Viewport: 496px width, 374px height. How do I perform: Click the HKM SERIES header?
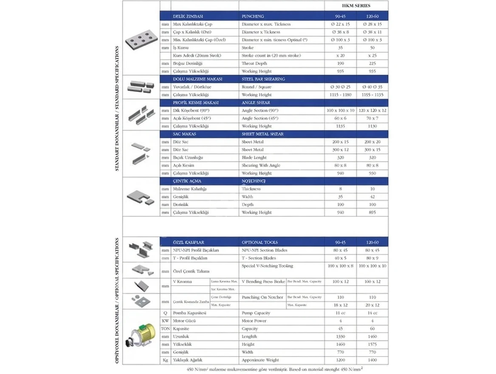coord(356,6)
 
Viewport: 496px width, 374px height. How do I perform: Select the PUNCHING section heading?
coord(253,16)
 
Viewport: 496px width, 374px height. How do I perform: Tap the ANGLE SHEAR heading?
coord(256,102)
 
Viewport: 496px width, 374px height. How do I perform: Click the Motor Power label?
coord(255,321)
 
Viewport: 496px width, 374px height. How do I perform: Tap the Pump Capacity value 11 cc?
coord(340,313)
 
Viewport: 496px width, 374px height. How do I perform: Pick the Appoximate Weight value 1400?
coord(372,360)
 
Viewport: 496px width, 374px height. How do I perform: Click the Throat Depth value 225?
coord(372,63)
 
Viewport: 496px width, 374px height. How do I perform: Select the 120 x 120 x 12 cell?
coord(372,110)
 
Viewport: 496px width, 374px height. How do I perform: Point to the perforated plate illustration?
coord(141,42)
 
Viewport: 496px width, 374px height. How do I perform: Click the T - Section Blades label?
coord(259,258)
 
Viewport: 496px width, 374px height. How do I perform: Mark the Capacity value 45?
coord(340,329)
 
